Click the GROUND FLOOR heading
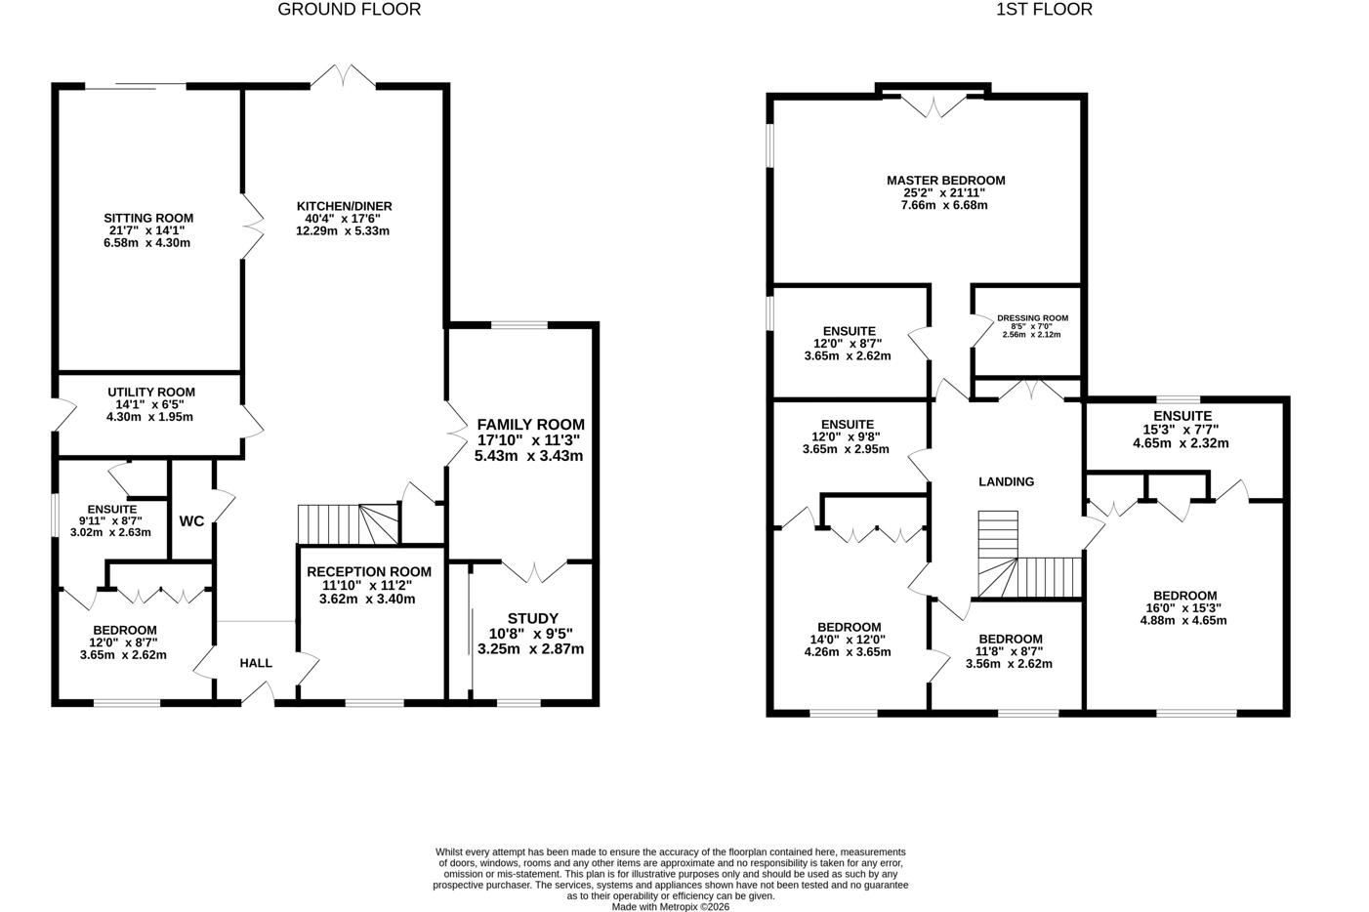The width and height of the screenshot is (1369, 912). point(349,10)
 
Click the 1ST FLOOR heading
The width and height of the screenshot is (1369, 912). point(1044,10)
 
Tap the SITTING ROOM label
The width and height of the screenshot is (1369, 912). point(148,218)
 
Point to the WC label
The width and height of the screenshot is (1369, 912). point(191,521)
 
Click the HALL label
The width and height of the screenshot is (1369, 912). point(256,663)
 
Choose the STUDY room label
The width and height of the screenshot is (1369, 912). point(532,618)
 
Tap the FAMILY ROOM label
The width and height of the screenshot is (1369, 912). point(530,425)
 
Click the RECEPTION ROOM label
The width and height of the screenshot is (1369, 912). point(368,571)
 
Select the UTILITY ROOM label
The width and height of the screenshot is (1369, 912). point(150,393)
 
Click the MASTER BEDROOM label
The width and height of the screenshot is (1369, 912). point(945,181)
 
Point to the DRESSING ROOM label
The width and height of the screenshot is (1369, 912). point(1031,318)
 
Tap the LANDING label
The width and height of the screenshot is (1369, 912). point(1006,481)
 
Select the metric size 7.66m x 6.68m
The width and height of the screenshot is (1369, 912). point(945,206)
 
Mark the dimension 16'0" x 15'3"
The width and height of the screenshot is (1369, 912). point(1184,608)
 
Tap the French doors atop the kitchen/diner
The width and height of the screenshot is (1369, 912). point(343,77)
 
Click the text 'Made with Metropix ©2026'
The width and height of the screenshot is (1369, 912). point(671,906)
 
